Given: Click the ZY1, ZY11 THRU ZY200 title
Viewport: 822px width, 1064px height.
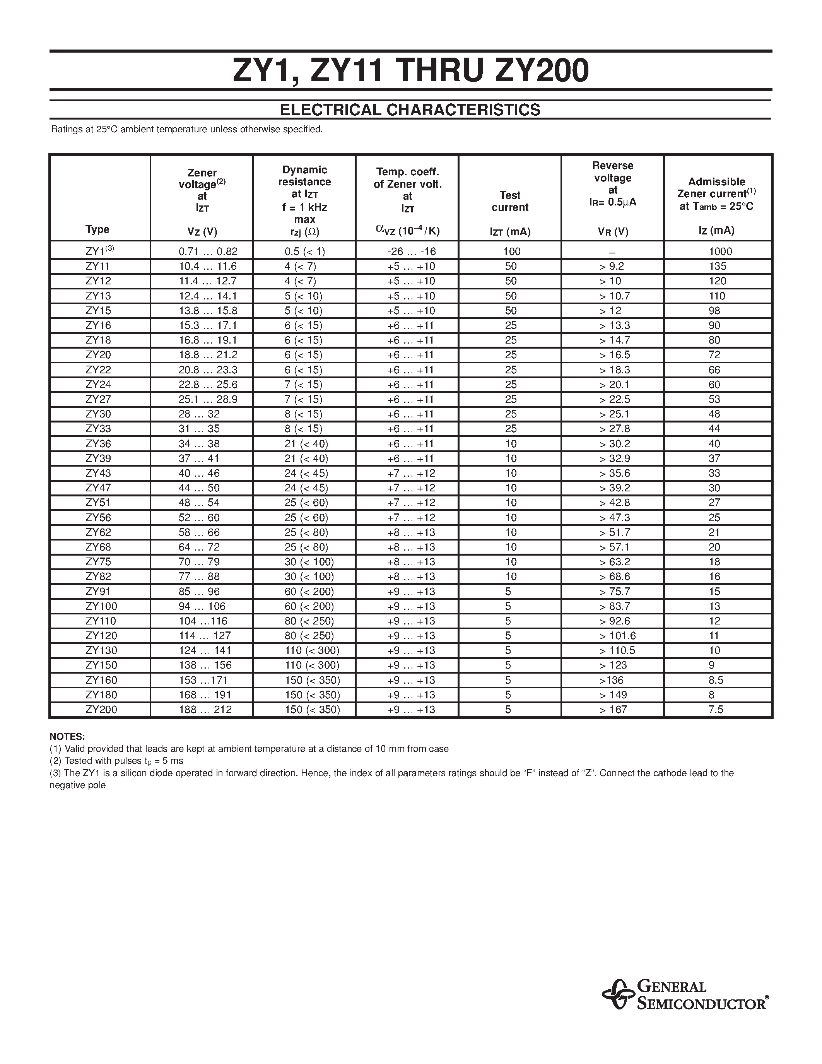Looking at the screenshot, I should [410, 71].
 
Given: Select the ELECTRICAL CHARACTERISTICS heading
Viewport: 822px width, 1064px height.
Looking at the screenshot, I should [410, 109].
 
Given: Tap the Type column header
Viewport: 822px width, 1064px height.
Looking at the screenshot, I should [97, 229].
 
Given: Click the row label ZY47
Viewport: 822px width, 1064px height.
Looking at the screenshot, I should [98, 488].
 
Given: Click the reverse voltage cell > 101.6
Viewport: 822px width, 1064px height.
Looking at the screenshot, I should [617, 635].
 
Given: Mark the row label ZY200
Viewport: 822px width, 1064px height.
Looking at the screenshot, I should [101, 709].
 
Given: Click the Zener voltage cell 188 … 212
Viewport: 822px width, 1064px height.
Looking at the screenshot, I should [205, 709].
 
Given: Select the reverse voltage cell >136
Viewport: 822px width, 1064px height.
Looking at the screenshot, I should [612, 680].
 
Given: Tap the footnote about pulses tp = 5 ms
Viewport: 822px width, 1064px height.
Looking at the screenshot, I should [117, 761].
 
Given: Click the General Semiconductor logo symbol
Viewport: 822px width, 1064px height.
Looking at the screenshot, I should [617, 994].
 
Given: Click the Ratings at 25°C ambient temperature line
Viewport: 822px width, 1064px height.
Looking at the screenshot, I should [187, 130].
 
